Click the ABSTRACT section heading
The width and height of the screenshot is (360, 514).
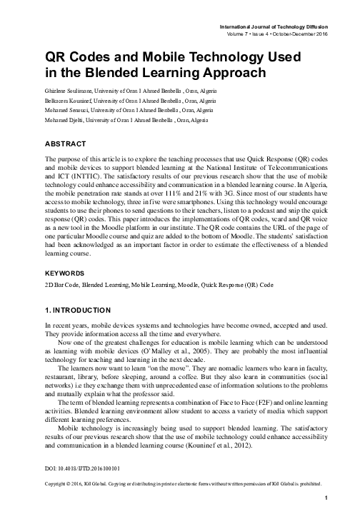click(x=67, y=142)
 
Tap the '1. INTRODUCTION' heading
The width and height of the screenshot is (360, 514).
click(x=76, y=311)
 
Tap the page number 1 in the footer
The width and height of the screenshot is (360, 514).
click(x=325, y=497)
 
